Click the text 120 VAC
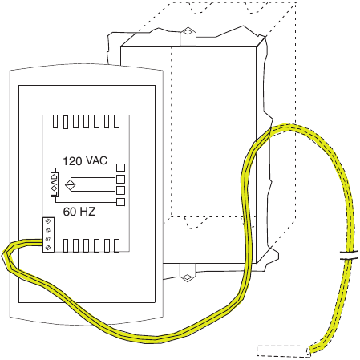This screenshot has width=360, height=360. click(x=85, y=161)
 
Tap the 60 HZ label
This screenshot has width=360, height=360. click(x=79, y=212)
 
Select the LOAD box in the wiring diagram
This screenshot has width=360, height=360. click(x=55, y=184)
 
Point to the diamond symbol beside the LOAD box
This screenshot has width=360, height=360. click(x=71, y=185)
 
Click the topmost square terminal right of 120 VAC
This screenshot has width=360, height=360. click(x=121, y=168)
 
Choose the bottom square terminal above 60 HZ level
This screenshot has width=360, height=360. click(x=121, y=202)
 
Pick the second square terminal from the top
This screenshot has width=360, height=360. click(x=121, y=179)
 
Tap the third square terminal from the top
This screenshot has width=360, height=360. click(x=121, y=191)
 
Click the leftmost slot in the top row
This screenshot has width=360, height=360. click(x=55, y=121)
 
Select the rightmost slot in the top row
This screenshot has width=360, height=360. click(x=116, y=121)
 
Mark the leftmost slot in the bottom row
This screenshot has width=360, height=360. click(x=66, y=245)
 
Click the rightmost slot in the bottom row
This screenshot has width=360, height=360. click(x=116, y=245)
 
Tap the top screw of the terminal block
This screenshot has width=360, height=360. click(x=48, y=221)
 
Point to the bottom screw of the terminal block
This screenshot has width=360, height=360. click(x=48, y=248)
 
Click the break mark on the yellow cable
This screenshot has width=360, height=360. click(x=349, y=255)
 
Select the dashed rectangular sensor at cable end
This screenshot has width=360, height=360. click(x=284, y=351)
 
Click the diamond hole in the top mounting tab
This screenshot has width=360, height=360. click(x=188, y=32)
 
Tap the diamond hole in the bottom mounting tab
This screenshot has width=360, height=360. click(x=188, y=277)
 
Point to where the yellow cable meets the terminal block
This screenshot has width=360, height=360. click(x=42, y=242)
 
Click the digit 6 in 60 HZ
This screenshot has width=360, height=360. click(x=66, y=212)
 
